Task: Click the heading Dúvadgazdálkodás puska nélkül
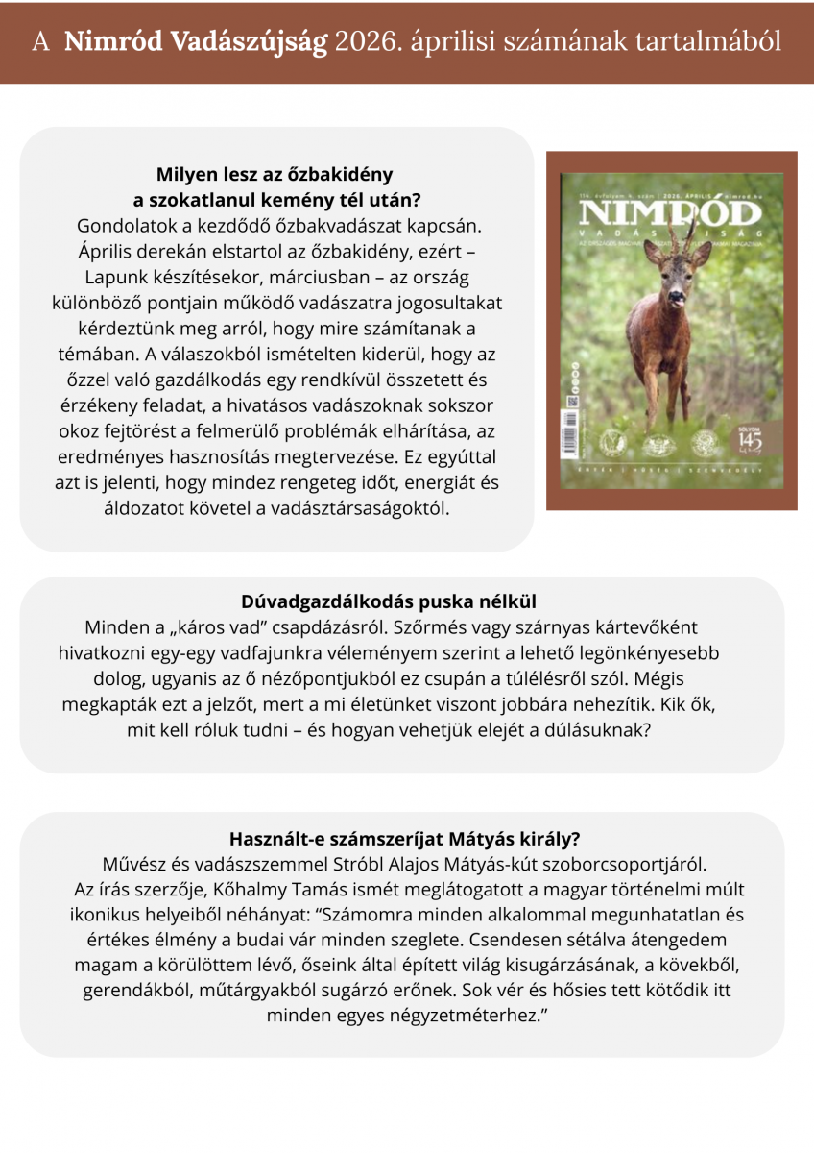401,602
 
